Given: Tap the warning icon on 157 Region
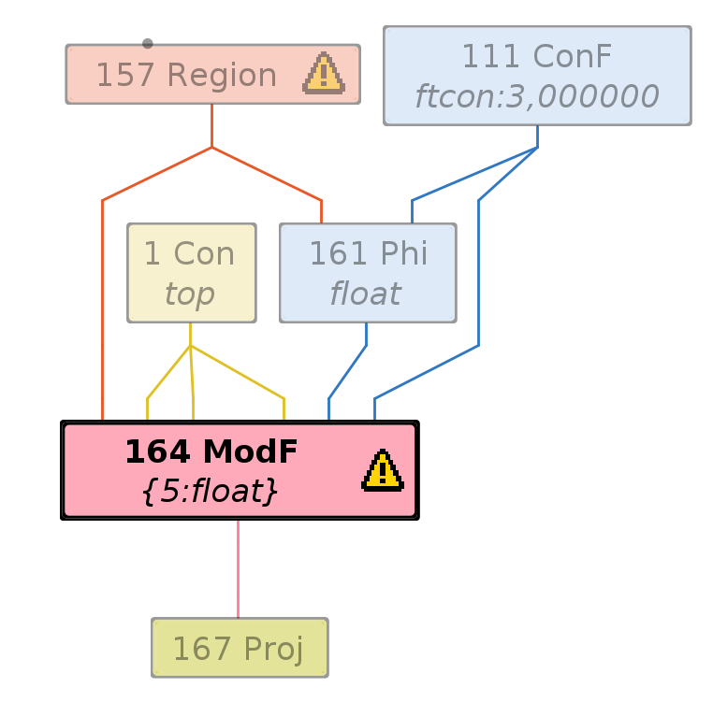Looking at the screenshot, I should [324, 74].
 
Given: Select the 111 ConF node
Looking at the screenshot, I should [537, 76].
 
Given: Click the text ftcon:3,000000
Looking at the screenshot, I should [537, 96].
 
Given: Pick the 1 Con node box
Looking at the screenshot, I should [192, 273].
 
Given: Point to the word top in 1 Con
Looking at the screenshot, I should [190, 294].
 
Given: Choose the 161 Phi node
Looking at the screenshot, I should [368, 273].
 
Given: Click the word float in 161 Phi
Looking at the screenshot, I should [365, 294].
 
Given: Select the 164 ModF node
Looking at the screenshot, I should [240, 470].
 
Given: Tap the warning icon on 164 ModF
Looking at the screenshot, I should [382, 470].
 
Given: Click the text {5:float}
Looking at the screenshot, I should [210, 492].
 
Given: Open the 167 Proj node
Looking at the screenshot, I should [240, 648].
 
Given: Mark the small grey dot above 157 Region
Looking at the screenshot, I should [148, 43].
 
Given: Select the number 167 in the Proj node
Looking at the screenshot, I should [195, 649].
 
